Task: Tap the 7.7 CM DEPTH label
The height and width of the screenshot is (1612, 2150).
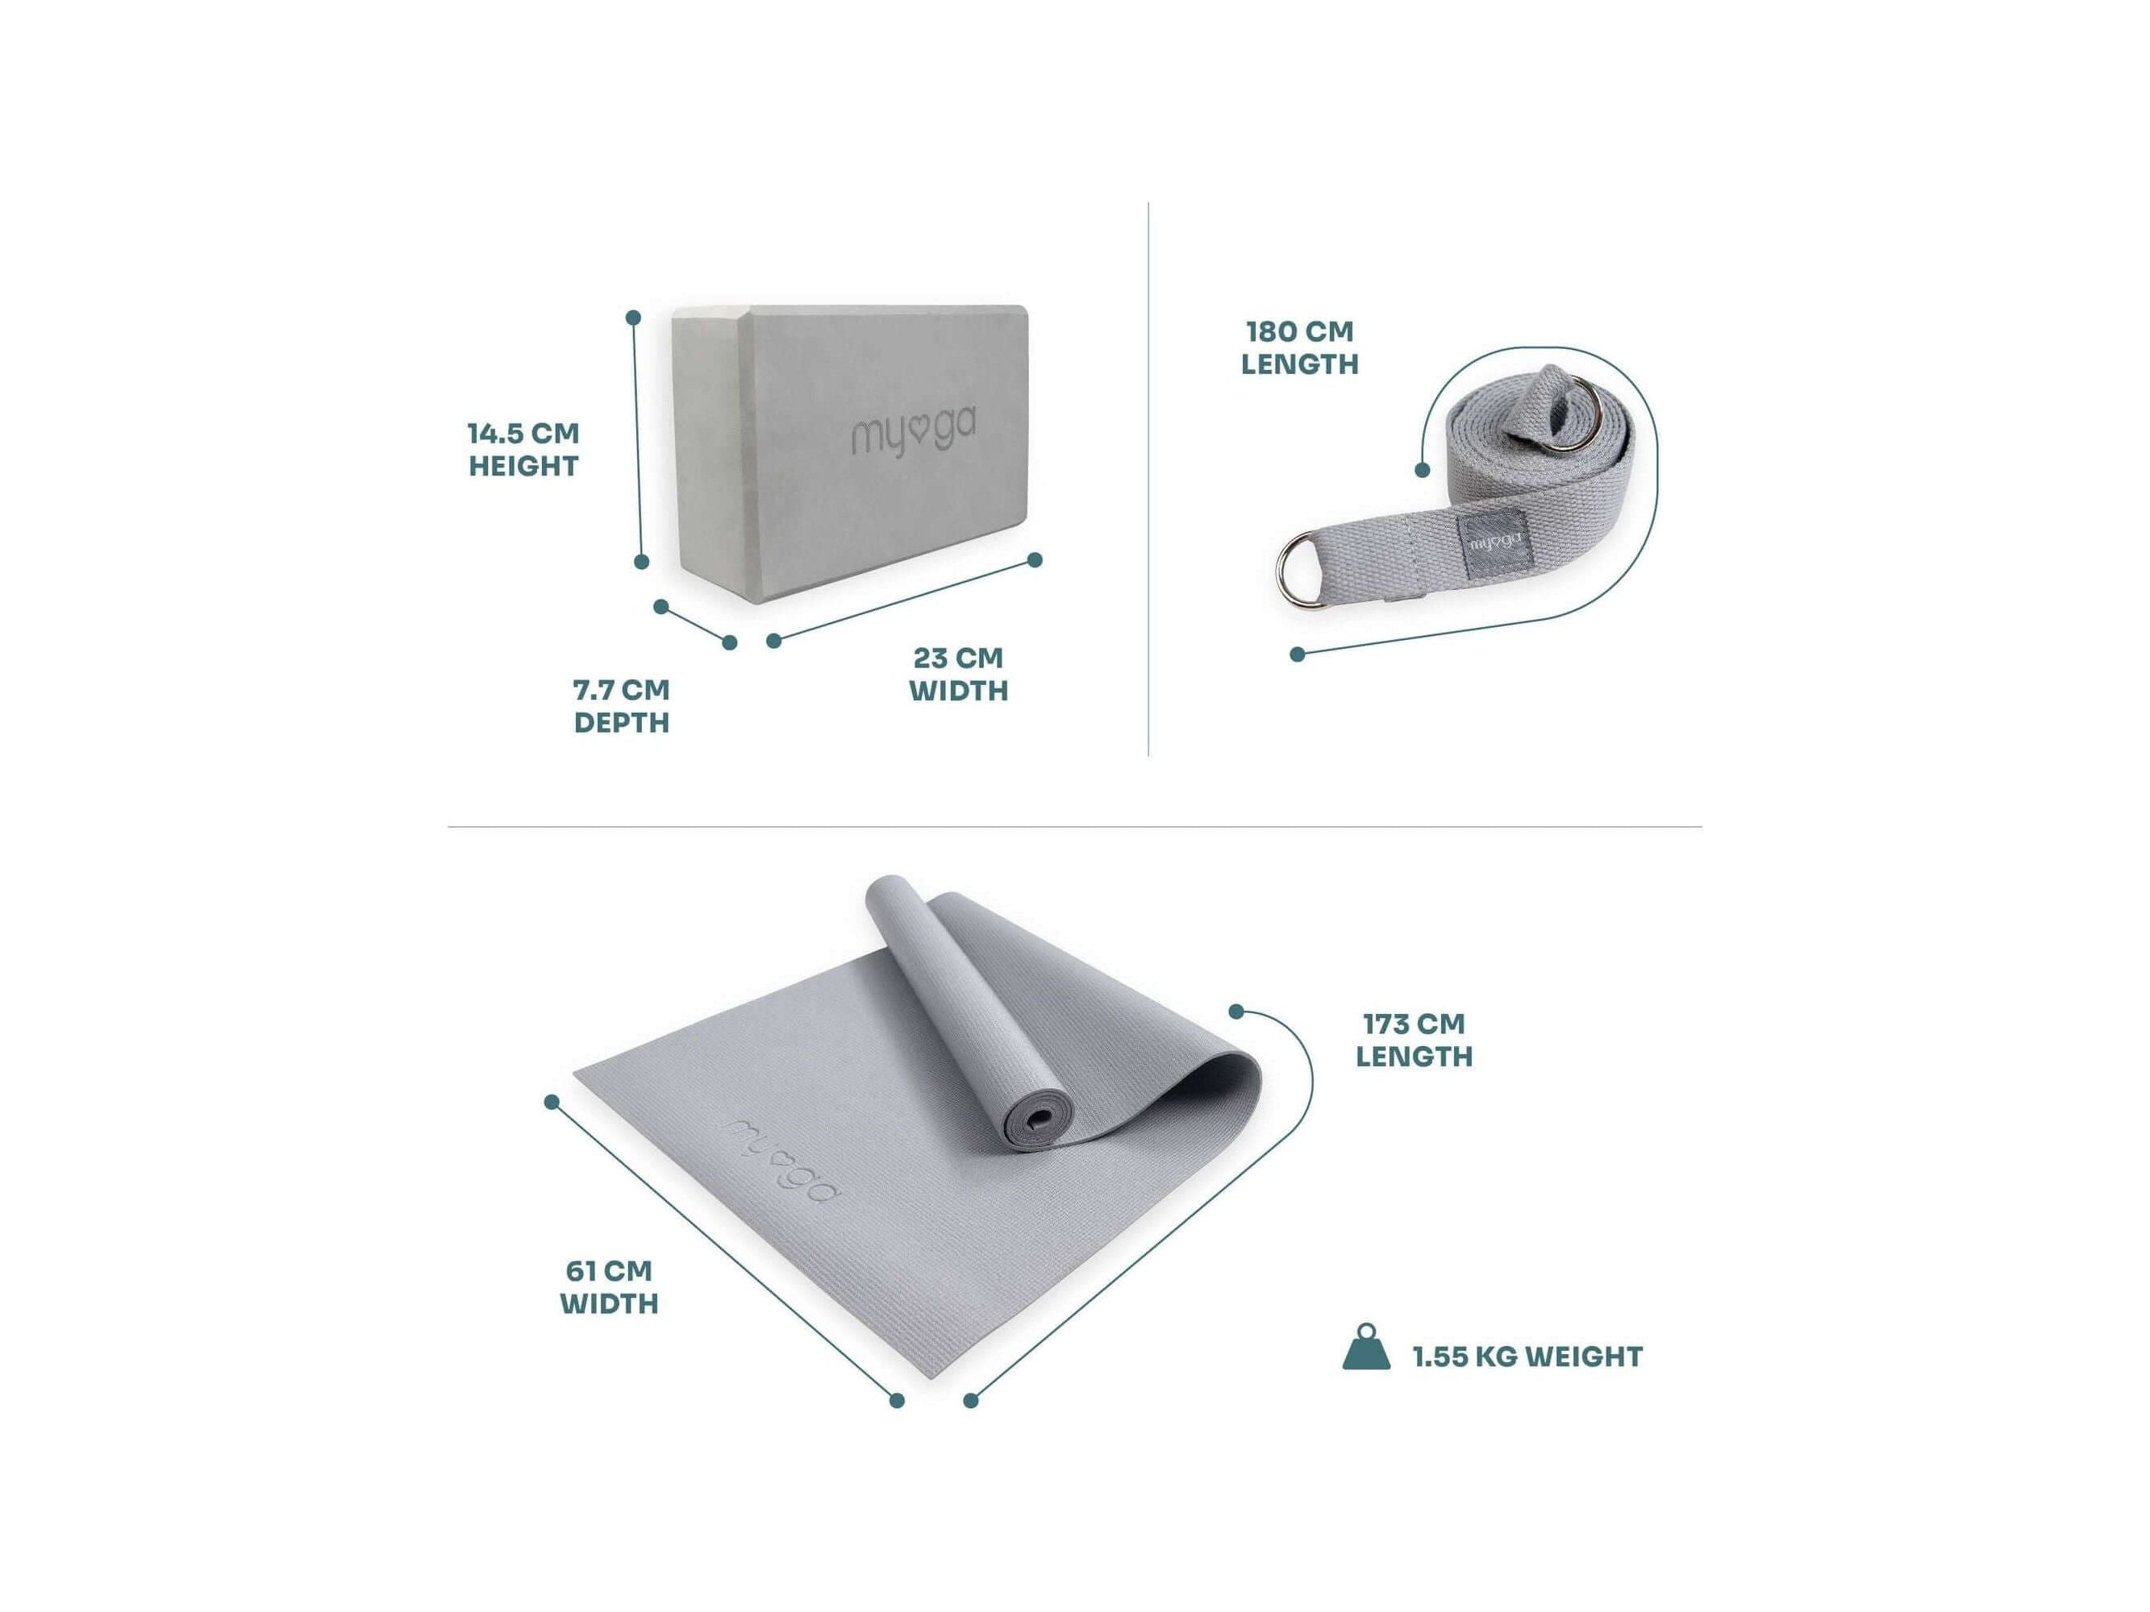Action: tap(621, 705)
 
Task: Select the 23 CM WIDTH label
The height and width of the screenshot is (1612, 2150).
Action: tap(958, 673)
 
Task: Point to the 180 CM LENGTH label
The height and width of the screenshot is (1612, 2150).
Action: tap(1299, 347)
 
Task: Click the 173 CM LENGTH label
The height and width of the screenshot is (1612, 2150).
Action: tap(1415, 1039)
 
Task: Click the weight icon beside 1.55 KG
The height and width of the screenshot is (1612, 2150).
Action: tap(1367, 1348)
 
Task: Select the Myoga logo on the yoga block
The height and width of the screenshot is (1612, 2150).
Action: tap(915, 434)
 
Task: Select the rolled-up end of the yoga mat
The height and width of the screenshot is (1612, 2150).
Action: tap(1035, 1127)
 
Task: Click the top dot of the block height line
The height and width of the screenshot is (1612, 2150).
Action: tap(633, 317)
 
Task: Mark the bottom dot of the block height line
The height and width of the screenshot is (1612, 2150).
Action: tap(640, 562)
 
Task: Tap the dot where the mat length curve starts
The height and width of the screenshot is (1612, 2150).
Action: tap(1236, 1012)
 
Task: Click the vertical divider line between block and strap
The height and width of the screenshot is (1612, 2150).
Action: tap(1149, 479)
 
